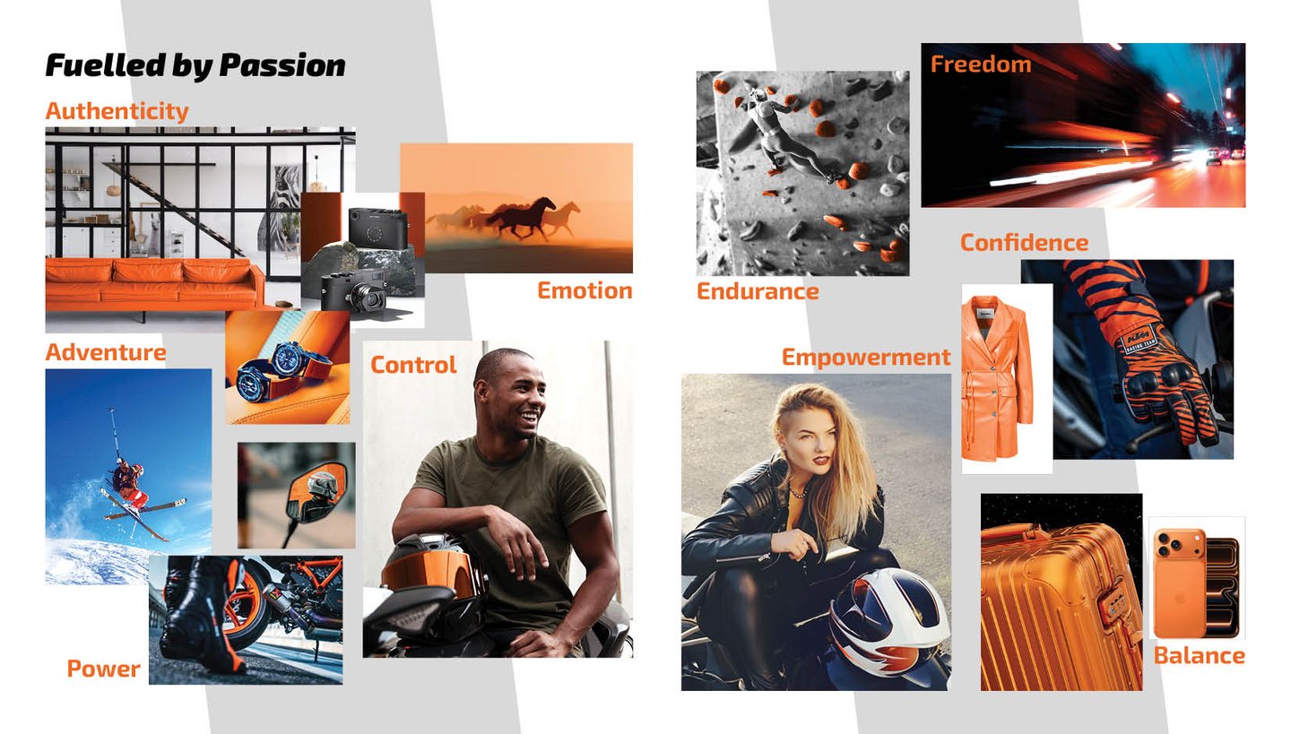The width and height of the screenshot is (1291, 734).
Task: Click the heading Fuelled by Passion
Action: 195,65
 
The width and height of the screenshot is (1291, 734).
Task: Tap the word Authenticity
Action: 117,111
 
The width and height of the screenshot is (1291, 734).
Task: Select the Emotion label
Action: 585,290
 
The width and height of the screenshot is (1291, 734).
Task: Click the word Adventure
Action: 106,352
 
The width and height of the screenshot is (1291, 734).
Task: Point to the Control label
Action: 413,365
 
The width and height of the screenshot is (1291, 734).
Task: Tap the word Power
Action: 103,669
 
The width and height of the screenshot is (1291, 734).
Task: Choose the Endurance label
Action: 758,291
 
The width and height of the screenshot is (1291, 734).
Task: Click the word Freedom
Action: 981,65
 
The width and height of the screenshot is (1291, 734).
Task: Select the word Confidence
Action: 1024,243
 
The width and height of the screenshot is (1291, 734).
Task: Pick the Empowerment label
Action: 866,357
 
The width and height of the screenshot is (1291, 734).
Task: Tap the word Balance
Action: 1199,656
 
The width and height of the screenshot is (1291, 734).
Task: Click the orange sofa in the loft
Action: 152,281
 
